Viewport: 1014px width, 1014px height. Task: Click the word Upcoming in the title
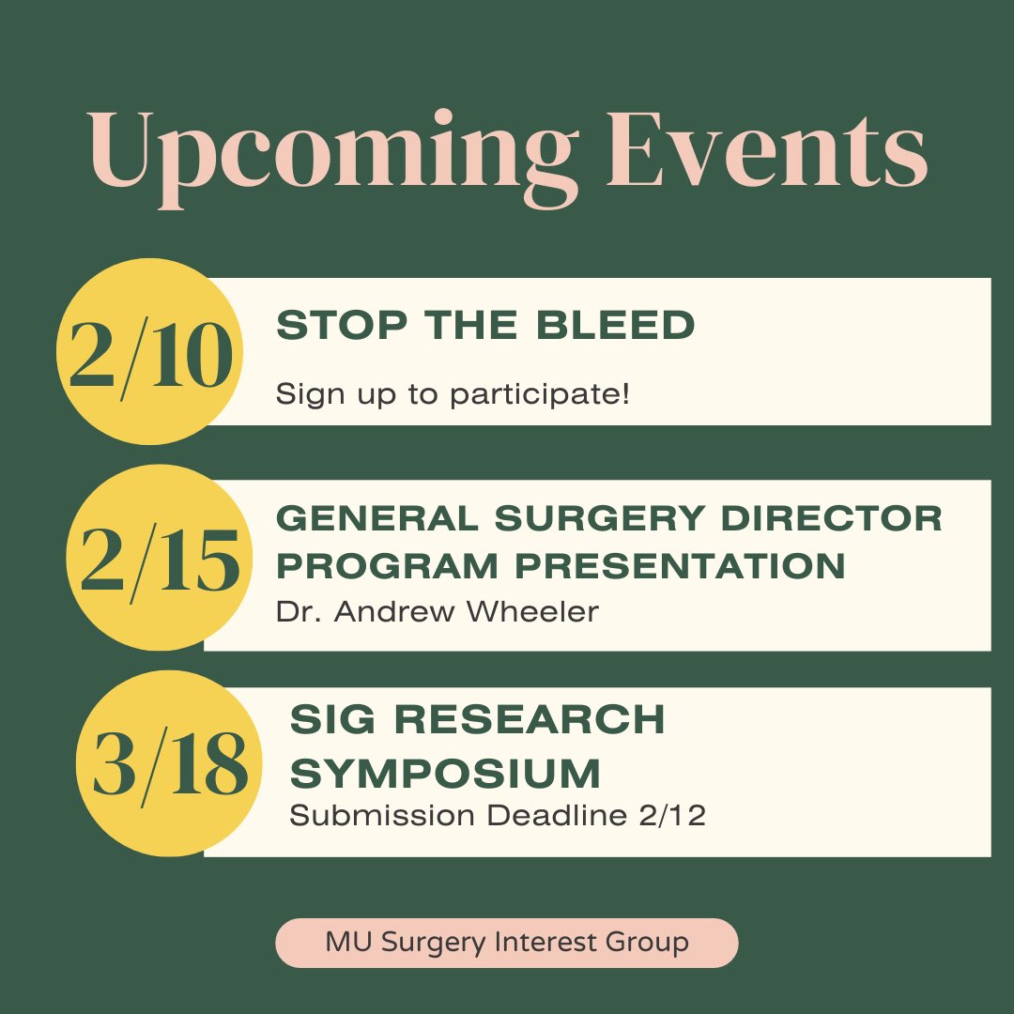tap(334, 154)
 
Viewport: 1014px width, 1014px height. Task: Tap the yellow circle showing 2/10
tap(149, 351)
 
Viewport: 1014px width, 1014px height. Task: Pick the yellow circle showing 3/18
tap(169, 762)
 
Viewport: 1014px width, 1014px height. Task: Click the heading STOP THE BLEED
tap(485, 326)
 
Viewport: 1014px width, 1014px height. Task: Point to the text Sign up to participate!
tap(453, 394)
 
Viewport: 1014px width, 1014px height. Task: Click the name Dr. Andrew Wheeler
tap(438, 612)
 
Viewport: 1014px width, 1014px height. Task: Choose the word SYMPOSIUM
tap(445, 775)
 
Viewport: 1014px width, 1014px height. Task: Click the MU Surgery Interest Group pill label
tap(507, 942)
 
